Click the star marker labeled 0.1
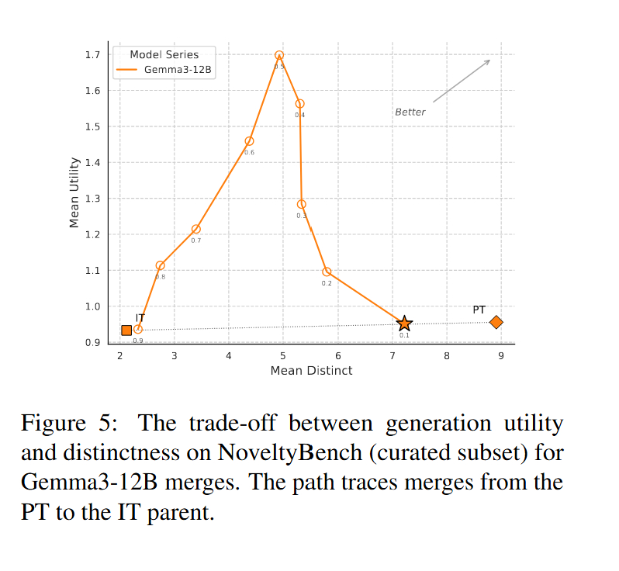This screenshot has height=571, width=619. point(404,324)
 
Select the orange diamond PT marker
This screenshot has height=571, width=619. point(496,322)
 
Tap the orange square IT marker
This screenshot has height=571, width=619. point(126,330)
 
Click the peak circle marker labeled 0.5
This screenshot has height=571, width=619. point(279,56)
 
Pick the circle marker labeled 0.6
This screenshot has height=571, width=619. point(249,141)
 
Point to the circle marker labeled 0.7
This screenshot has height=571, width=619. point(195,229)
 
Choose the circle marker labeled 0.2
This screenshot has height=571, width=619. point(327,272)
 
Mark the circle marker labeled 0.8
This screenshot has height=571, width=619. point(160,265)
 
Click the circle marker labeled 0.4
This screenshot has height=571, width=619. point(299,103)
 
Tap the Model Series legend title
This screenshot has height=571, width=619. point(164,54)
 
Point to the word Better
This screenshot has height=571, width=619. point(410,112)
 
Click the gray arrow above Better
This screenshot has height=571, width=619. point(462,81)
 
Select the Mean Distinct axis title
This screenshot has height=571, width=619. point(311,371)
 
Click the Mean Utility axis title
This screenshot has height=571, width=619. point(74,192)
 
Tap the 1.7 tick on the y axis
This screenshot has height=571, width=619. point(93,55)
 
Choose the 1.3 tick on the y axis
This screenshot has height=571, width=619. point(93,199)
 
